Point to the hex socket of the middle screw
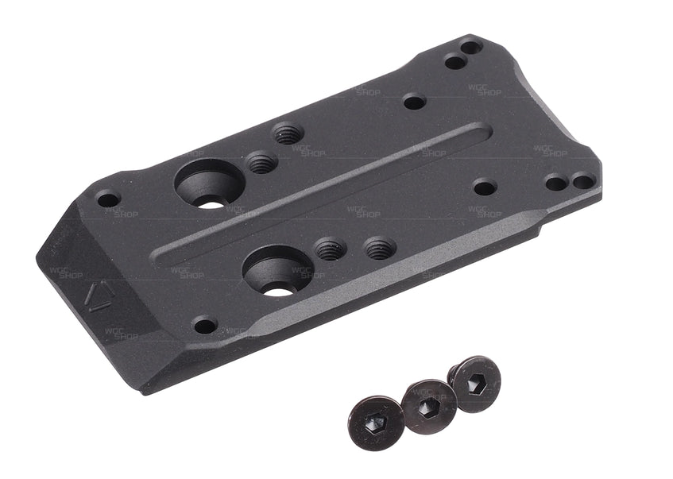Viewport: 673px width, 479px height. pyautogui.click(x=427, y=405)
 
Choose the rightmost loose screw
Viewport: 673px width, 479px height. pyautogui.click(x=474, y=384)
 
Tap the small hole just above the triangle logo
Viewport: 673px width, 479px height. pyautogui.click(x=108, y=199)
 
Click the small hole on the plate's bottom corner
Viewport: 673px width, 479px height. pyautogui.click(x=205, y=326)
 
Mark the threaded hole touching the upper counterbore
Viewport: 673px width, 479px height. pyautogui.click(x=261, y=164)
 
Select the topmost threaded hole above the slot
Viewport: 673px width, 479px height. pyautogui.click(x=287, y=133)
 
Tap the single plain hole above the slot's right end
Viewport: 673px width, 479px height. pyautogui.click(x=414, y=102)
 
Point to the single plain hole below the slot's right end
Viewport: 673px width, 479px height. pyautogui.click(x=484, y=187)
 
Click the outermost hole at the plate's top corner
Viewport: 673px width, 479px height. pyautogui.click(x=471, y=47)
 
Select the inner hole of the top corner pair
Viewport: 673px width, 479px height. pyautogui.click(x=454, y=61)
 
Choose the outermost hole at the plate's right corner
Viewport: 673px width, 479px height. pyautogui.click(x=583, y=181)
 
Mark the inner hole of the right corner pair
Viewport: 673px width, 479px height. pyautogui.click(x=556, y=183)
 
